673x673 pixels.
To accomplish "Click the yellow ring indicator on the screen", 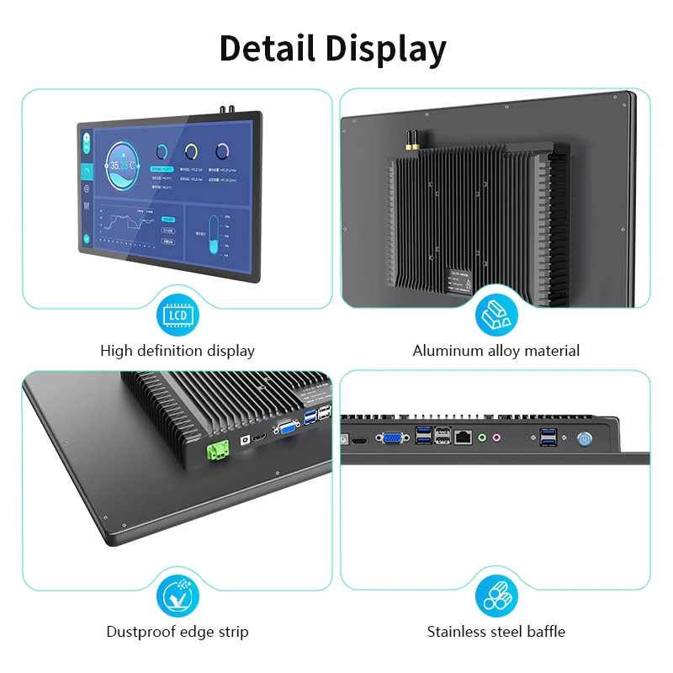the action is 191,151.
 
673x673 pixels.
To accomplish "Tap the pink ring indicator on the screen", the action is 221,151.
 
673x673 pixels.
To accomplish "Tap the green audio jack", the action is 482,437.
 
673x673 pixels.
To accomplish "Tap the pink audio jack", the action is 497,437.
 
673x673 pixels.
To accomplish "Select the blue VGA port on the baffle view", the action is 392,438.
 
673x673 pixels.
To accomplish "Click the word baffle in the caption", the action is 544,631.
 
